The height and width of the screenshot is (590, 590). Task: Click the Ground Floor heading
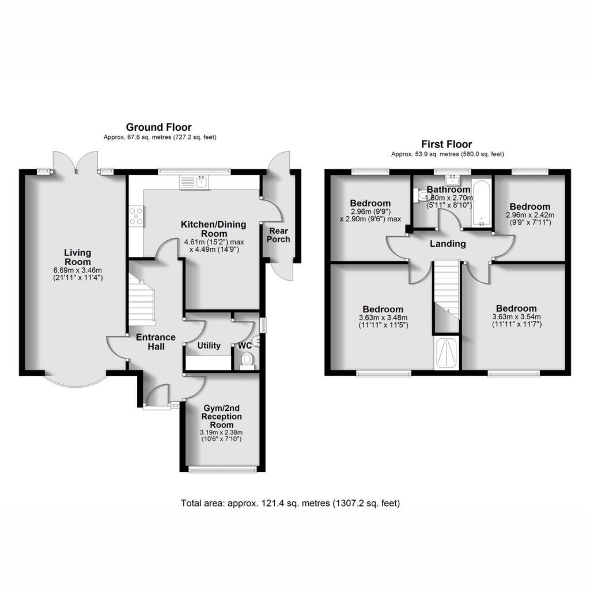coord(158,127)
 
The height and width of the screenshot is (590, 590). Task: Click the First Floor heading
coord(447,144)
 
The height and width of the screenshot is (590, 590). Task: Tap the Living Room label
coord(78,258)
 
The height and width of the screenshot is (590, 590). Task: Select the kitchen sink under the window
coord(195,182)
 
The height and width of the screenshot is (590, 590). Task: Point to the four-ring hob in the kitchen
coord(136,217)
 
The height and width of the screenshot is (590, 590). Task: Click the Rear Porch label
coord(278,235)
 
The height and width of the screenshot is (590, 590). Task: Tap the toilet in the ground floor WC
coord(247,361)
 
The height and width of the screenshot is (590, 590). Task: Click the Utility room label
coord(209,346)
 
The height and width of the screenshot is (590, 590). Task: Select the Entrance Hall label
coord(156,342)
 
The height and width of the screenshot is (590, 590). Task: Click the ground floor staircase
coord(142,300)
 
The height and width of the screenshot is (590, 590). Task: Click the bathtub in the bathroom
coord(482,204)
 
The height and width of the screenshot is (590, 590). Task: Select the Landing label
coord(448,244)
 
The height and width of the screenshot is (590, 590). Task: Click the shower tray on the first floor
coord(447,353)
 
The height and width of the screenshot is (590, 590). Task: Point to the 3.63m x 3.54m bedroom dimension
coord(516,317)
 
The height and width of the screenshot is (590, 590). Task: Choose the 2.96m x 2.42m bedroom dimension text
coord(530,215)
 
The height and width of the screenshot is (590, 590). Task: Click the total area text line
coord(290,503)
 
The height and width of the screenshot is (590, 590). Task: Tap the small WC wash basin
coord(257,341)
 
